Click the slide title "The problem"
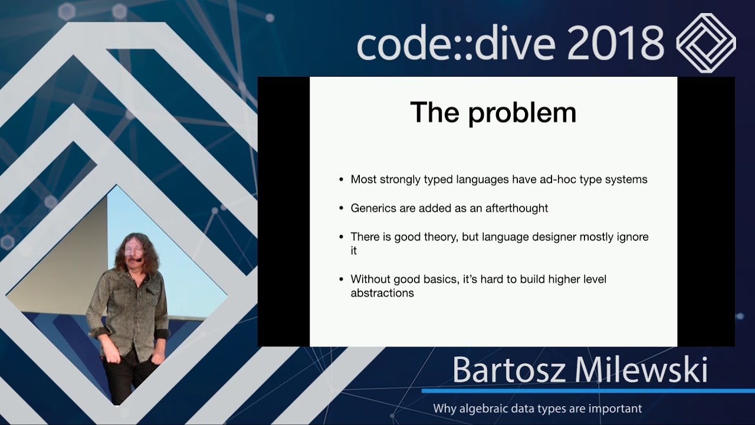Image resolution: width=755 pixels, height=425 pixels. (493, 113)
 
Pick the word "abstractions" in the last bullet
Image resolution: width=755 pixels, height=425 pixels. (382, 293)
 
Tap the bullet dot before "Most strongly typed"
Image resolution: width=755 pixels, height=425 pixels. (342, 179)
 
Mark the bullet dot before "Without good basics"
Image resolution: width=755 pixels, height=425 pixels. (342, 279)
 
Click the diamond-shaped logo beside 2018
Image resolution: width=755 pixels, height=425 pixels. (705, 42)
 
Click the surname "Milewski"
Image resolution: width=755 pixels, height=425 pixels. (641, 370)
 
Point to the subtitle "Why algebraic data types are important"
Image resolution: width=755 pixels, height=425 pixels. (537, 408)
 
